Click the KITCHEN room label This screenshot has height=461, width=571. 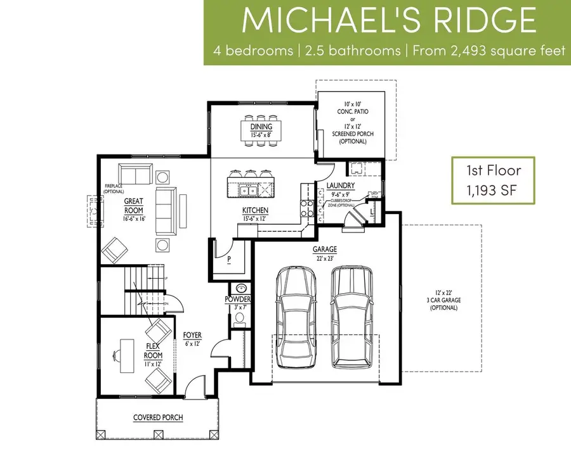click(x=254, y=210)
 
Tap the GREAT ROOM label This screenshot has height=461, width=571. click(x=134, y=206)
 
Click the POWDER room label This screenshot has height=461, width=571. click(x=239, y=299)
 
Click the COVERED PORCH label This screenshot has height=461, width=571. click(x=158, y=417)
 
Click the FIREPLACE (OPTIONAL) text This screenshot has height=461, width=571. click(x=114, y=189)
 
